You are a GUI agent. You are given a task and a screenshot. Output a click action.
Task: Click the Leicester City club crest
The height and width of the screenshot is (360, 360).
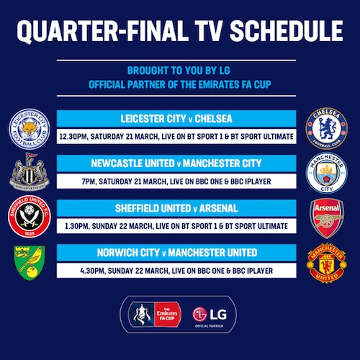[30, 129]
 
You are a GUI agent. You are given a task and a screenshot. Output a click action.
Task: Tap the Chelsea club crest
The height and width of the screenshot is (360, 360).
[327, 129]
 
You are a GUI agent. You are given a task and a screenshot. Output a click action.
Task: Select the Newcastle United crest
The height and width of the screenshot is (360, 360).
[30, 171]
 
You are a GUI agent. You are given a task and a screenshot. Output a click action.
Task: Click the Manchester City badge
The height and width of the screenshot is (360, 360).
[327, 173]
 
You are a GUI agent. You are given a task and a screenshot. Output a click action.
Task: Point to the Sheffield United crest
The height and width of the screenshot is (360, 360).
[30, 217]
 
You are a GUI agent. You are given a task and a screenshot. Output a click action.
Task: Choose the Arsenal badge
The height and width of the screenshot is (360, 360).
[327, 218]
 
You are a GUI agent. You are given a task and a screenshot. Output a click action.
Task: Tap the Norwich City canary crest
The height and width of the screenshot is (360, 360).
[30, 263]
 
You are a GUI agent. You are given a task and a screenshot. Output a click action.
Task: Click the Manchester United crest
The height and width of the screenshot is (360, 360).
[327, 264]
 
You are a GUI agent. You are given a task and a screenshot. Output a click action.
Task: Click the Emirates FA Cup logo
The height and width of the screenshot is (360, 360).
[155, 315]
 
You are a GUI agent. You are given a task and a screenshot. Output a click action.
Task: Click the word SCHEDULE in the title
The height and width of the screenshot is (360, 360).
[287, 31]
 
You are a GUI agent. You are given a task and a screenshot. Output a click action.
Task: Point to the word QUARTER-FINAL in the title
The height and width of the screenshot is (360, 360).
[102, 31]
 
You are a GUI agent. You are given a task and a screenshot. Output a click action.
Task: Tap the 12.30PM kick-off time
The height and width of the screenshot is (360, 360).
[72, 137]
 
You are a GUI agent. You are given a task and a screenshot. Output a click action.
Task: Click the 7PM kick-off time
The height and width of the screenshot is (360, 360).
[89, 181]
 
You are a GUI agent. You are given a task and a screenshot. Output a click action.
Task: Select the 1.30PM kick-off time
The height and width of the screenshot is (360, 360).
[77, 226]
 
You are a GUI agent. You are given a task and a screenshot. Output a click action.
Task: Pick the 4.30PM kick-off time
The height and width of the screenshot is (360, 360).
[92, 271]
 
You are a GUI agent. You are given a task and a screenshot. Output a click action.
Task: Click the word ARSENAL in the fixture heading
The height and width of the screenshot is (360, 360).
[218, 208]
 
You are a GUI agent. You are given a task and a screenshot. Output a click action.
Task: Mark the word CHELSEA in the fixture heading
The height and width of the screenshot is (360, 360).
[213, 119]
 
